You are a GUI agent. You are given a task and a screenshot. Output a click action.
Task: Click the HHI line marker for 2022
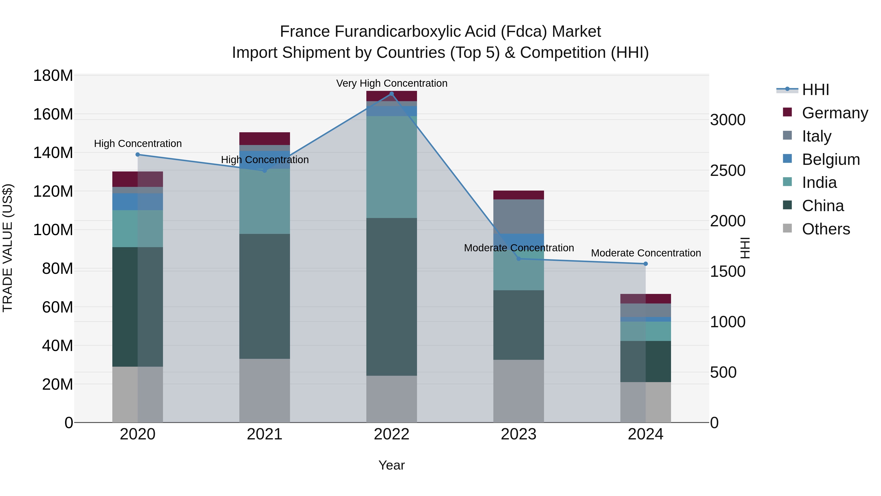point(392,94)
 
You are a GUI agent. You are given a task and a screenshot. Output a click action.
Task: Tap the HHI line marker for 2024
point(645,264)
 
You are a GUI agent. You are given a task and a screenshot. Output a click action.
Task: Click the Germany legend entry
point(835,113)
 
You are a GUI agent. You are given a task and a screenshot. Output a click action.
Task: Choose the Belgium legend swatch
point(787,159)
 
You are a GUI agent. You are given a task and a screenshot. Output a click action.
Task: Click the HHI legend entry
point(815,90)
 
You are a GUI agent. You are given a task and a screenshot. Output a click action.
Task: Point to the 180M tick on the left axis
point(53,76)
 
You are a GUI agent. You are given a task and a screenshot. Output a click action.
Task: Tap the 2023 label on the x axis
point(519,434)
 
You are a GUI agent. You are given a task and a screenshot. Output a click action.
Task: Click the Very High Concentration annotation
point(392,83)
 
